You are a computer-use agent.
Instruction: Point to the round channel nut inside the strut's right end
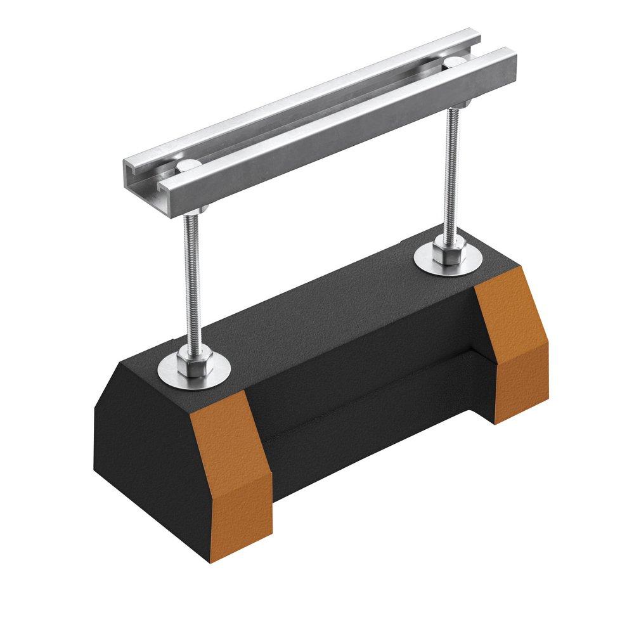click(455, 61)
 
